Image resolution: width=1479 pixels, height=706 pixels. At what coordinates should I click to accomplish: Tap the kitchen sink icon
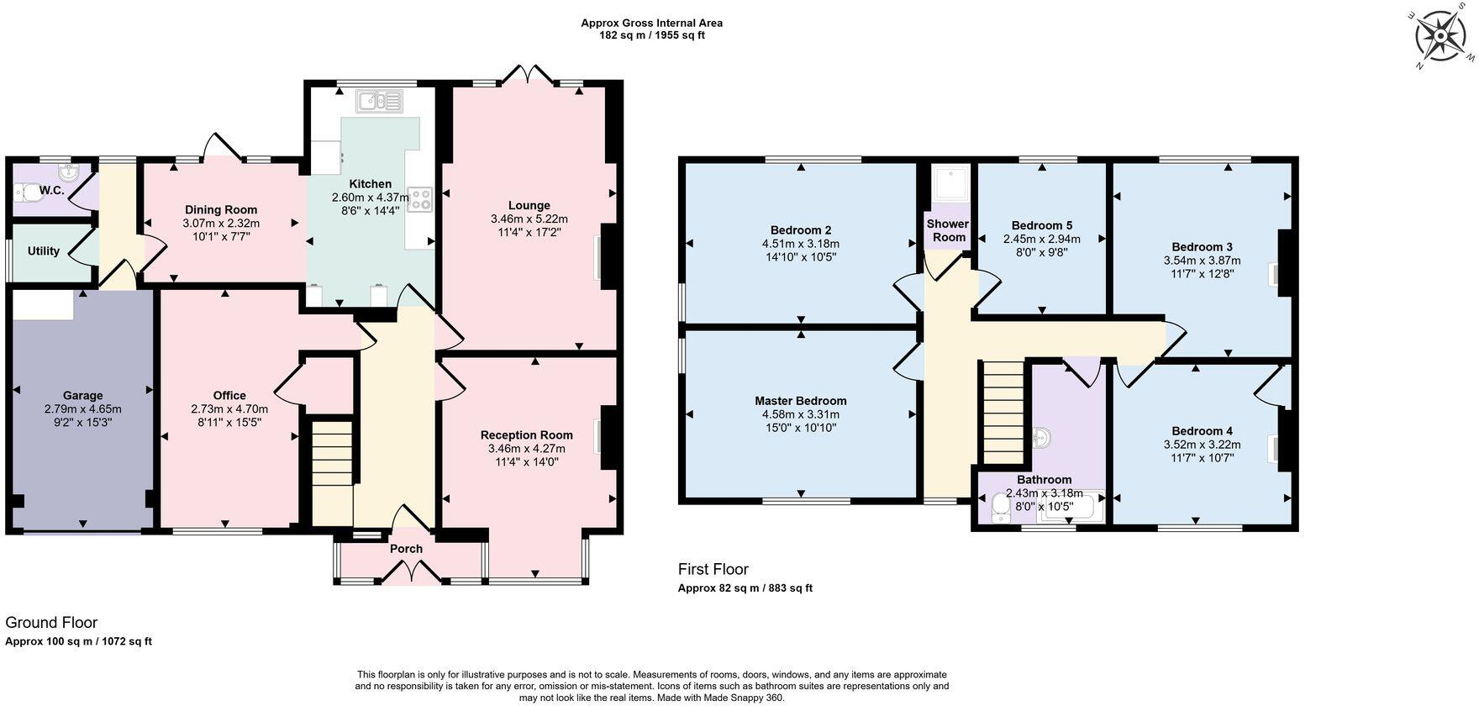point(380,102)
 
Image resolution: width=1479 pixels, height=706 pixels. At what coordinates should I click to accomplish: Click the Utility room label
point(44,250)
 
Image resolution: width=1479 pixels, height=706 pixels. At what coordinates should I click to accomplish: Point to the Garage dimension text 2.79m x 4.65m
point(82,409)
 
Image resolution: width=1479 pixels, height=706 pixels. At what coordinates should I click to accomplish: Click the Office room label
point(229,396)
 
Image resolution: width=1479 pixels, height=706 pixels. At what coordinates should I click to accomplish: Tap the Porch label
point(406,549)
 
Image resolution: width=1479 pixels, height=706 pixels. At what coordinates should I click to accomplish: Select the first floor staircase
point(1003,412)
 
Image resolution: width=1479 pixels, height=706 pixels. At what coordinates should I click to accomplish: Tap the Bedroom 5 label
point(1041,225)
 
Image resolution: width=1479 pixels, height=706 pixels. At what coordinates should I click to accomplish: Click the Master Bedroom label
point(800,401)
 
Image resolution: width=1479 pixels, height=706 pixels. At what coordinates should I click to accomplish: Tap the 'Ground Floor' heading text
point(51,623)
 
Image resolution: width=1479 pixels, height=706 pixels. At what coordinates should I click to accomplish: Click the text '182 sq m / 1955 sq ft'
point(651,35)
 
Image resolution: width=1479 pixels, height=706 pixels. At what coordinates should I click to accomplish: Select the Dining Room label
point(221,210)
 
